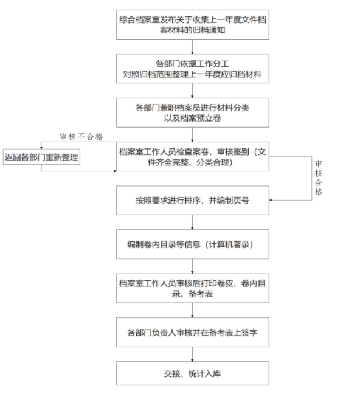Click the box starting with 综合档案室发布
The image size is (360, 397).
click(192, 24)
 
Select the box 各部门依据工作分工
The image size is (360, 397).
click(192, 68)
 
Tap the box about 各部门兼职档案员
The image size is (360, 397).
click(192, 112)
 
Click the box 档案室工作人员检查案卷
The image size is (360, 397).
click(192, 156)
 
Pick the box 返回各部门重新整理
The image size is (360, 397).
click(41, 157)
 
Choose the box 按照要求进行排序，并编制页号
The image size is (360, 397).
click(192, 200)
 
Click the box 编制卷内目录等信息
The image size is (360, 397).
click(192, 244)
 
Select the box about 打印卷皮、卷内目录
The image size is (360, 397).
click(192, 288)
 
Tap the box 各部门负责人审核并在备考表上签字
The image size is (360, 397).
click(192, 332)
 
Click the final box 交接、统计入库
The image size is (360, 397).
click(192, 373)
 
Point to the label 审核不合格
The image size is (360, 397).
click(81, 136)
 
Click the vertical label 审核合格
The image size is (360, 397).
click(318, 178)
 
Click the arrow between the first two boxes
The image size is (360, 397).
click(192, 47)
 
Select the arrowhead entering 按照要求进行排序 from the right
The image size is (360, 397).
click(271, 200)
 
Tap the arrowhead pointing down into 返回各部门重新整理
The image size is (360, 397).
click(41, 148)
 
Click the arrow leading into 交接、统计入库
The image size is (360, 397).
click(192, 354)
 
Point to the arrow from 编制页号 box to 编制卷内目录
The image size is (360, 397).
click(192, 222)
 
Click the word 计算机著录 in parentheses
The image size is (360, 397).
click(229, 244)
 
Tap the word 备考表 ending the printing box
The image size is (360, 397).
click(201, 294)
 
